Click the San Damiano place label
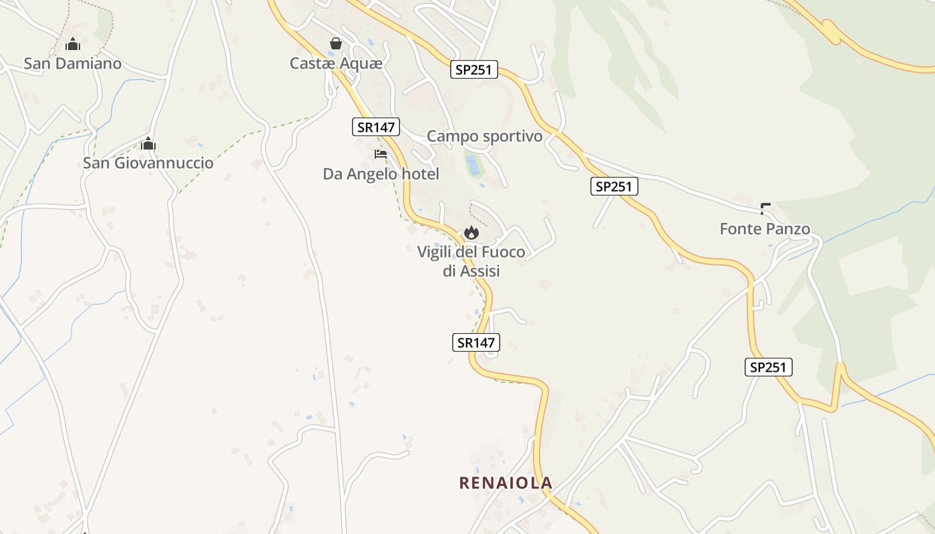(x=73, y=63)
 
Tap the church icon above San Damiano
(x=73, y=45)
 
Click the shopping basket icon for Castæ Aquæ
(x=336, y=43)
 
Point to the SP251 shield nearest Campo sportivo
(x=474, y=70)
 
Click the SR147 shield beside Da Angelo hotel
(x=375, y=127)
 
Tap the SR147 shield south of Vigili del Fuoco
(x=476, y=342)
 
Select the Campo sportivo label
(x=484, y=136)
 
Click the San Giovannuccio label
(x=148, y=163)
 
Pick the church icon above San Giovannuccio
(x=148, y=144)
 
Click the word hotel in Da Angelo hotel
(x=419, y=174)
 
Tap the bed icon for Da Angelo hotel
(x=381, y=154)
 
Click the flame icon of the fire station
(x=472, y=232)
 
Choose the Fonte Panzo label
(x=765, y=229)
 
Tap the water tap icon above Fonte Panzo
(x=765, y=209)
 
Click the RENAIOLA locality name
(x=506, y=483)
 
